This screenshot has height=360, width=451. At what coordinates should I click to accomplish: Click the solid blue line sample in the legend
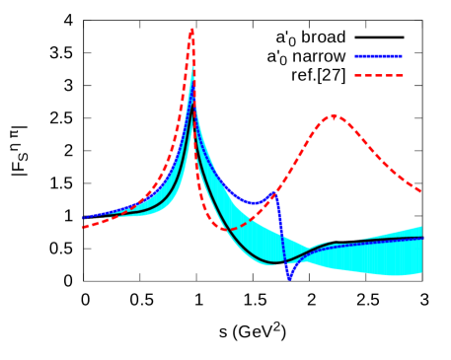[378, 56]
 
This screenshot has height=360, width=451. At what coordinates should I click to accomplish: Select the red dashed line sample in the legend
[378, 75]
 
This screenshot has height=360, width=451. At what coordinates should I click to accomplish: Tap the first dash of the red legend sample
[359, 75]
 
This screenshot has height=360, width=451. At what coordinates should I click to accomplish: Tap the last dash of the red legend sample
[398, 75]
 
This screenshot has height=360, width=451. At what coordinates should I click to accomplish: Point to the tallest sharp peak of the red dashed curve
[191, 30]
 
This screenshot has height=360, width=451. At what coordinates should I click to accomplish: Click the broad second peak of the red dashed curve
[334, 115]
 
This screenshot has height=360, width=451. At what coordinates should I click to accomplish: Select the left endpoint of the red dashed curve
[83, 227]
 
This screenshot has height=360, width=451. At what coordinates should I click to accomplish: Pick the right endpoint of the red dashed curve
[421, 190]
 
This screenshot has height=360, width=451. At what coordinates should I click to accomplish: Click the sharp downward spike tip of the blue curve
[289, 280]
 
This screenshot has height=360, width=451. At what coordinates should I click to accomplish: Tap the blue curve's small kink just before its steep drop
[275, 193]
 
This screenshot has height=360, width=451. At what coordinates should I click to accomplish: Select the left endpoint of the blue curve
[83, 218]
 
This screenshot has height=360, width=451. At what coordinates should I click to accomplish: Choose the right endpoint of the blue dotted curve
[421, 238]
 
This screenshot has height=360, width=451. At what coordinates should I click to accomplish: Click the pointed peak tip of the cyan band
[193, 67]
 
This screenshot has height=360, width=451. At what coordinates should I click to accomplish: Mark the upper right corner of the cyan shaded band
[421, 227]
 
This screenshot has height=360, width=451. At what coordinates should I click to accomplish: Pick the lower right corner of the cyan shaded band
[421, 273]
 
